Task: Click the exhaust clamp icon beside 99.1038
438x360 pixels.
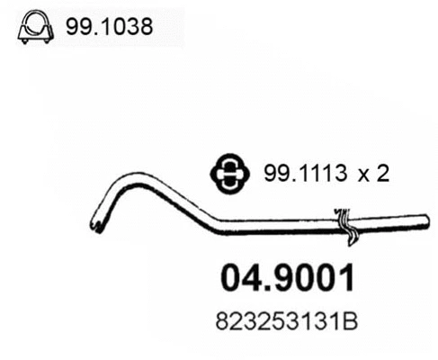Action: coord(33,28)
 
